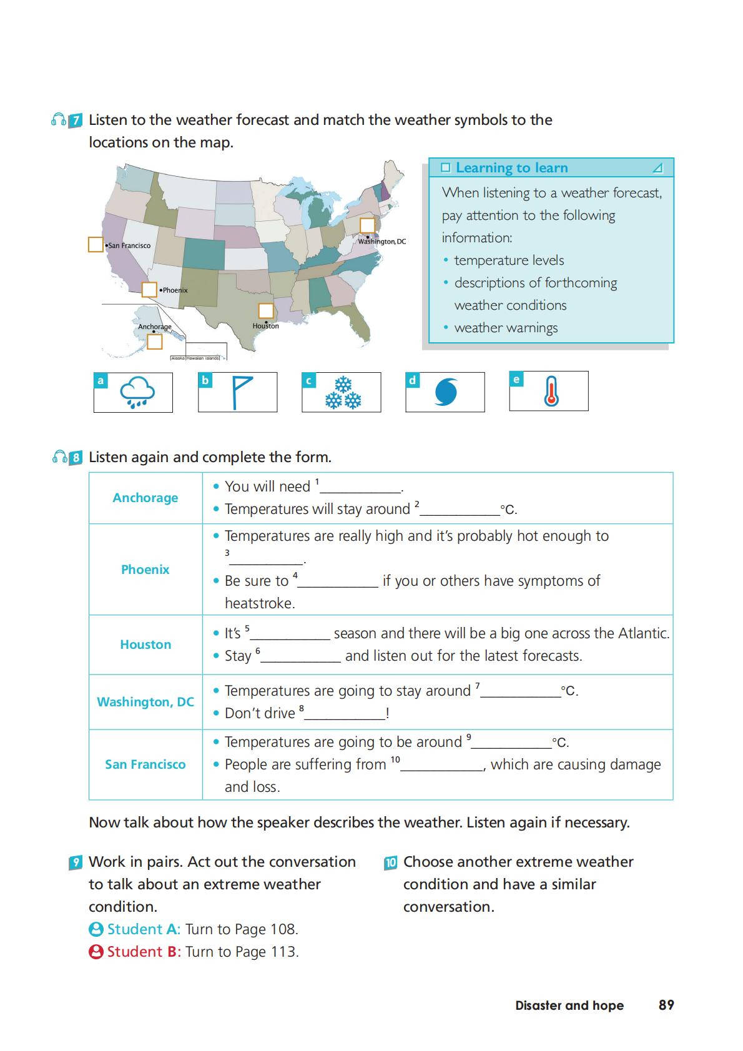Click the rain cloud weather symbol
click(137, 392)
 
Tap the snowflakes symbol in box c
click(343, 392)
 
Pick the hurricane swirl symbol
click(446, 392)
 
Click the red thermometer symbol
click(551, 392)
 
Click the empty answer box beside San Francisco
click(96, 245)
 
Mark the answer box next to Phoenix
click(149, 290)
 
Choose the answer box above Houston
click(266, 310)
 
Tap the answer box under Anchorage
click(155, 342)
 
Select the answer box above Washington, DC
click(367, 225)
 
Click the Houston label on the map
click(266, 326)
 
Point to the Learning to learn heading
click(511, 168)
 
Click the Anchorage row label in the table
click(145, 498)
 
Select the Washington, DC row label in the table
click(145, 702)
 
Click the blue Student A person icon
click(96, 929)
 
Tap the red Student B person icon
click(96, 952)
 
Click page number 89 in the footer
click(666, 1005)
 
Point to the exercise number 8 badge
click(76, 458)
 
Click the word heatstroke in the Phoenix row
click(259, 603)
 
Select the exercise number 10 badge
click(391, 863)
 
